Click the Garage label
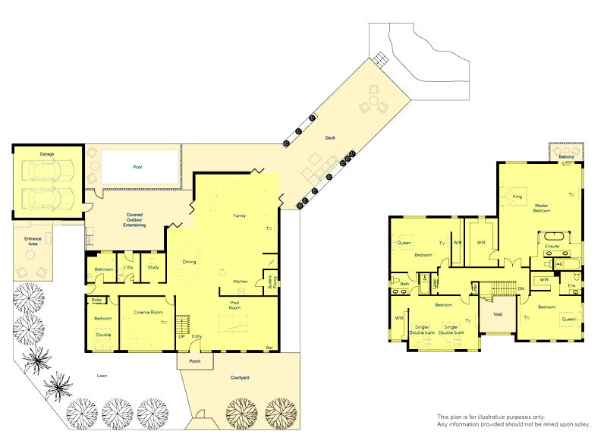[x=47, y=153]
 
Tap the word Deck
[x=330, y=137]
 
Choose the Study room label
[x=153, y=267]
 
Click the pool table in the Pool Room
[x=235, y=323]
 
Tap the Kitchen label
[x=241, y=282]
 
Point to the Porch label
[x=195, y=362]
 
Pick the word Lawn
[x=102, y=375]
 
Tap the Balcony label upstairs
[x=566, y=157]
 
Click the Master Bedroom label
[x=541, y=209]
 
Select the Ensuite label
[x=552, y=246]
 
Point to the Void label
[x=498, y=313]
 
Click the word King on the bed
[x=517, y=196]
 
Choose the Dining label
[x=190, y=263]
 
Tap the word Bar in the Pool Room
[x=269, y=348]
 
